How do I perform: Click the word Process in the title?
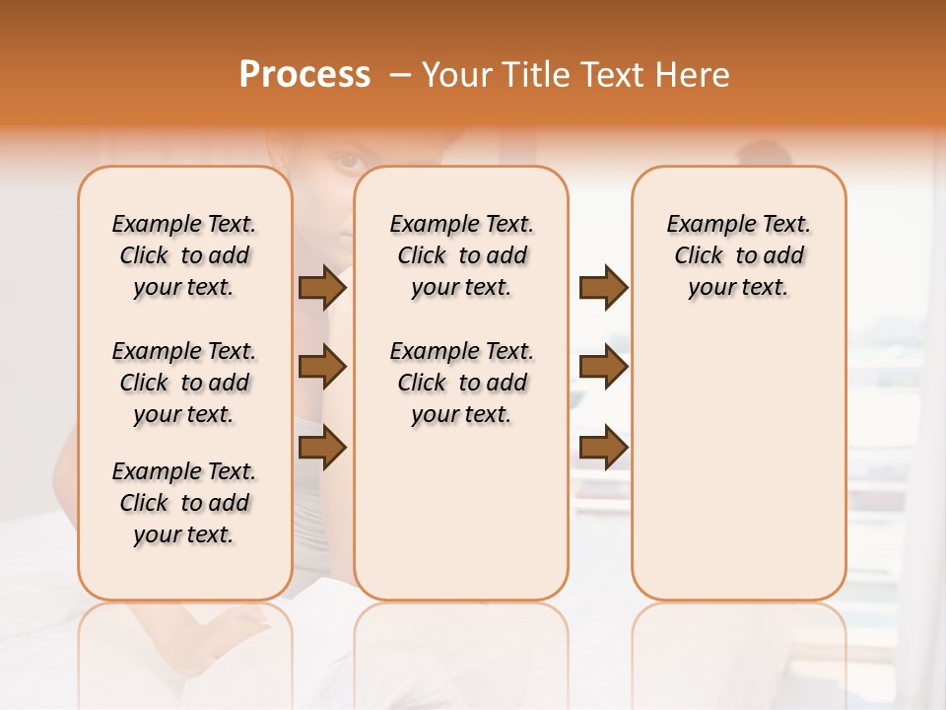click(x=304, y=75)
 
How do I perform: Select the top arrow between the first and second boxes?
click(x=322, y=288)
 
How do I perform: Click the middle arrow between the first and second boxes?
click(x=322, y=368)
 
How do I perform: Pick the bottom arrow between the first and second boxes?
click(x=322, y=447)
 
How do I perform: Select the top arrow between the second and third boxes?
click(x=603, y=288)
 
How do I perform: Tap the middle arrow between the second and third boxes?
click(x=603, y=368)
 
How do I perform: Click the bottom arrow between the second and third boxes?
click(x=603, y=447)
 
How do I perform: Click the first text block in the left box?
click(x=184, y=255)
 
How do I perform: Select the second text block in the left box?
click(x=184, y=383)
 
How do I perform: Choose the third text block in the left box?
click(x=184, y=503)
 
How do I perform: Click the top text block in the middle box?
click(x=461, y=255)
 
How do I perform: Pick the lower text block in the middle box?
click(x=461, y=383)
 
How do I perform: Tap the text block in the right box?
click(x=738, y=255)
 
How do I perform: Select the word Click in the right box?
click(x=699, y=256)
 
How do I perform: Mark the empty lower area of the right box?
click(x=738, y=454)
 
